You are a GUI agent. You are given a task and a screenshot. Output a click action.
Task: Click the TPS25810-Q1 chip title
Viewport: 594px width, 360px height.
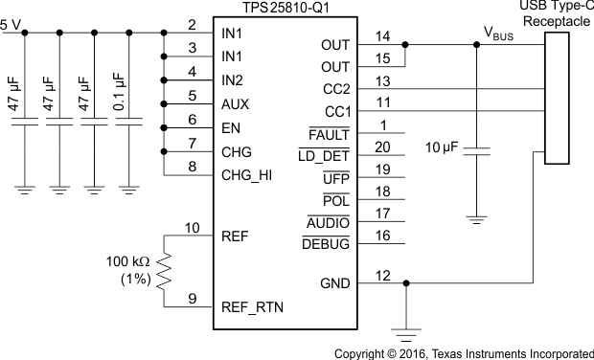point(279,9)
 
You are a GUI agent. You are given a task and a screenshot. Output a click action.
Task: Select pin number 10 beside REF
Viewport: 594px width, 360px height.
point(192,228)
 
